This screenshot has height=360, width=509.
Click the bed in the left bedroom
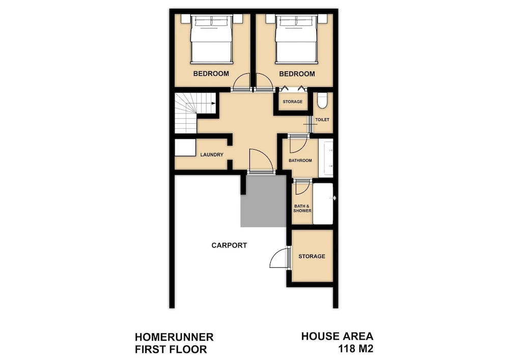(x=211, y=39)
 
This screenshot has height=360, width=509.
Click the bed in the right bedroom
(x=296, y=39)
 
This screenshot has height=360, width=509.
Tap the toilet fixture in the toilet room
(x=322, y=100)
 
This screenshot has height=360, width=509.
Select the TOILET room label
(x=322, y=120)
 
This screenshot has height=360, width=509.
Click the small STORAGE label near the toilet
(x=293, y=102)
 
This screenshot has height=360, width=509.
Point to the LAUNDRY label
(x=212, y=155)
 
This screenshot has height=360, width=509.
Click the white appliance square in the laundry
(x=185, y=148)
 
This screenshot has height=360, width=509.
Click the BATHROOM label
(x=300, y=160)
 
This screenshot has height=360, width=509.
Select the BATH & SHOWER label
(x=302, y=208)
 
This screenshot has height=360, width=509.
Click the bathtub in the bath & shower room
(x=323, y=204)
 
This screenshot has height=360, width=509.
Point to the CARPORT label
(x=229, y=245)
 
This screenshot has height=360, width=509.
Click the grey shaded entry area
(x=263, y=201)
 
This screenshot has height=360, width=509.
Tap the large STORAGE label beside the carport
(x=312, y=257)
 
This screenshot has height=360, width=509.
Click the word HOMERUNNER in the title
(x=174, y=337)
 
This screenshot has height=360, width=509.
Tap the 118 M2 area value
(x=356, y=349)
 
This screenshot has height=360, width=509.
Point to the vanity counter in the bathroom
(x=326, y=158)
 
